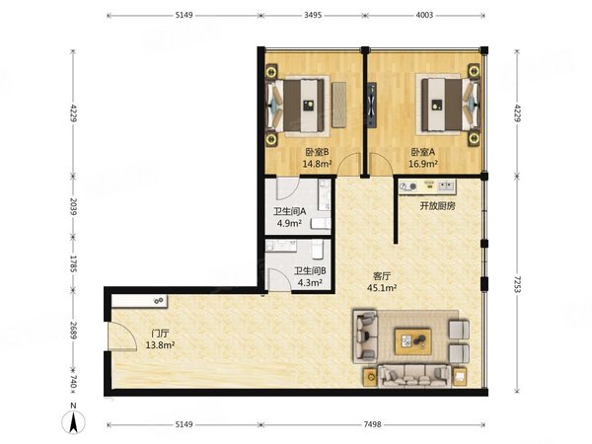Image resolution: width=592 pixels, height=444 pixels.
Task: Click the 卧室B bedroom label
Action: pos(317,152)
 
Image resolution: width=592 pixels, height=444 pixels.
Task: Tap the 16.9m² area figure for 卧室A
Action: pos(423,164)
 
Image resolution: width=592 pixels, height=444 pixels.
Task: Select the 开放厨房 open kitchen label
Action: pos(437,206)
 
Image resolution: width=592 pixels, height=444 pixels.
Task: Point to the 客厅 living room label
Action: pos(381,276)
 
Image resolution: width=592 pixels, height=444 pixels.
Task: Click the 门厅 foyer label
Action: pos(160,333)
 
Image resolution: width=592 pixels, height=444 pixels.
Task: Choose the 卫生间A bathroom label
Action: pos(289,211)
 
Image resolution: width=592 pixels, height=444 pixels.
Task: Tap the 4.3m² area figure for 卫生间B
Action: pos(310,282)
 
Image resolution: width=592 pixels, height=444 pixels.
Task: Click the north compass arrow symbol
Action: pos(73,421)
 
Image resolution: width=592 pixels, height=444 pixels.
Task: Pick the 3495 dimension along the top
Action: pos(313,15)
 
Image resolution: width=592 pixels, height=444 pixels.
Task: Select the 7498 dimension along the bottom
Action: pos(372,424)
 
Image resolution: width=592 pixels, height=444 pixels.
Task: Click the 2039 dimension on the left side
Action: pos(73,206)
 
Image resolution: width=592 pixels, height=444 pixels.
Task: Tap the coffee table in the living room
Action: pos(413,341)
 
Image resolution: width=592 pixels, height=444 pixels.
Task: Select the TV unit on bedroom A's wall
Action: pos(372,105)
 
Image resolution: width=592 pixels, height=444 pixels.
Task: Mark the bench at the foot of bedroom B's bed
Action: pos(339,105)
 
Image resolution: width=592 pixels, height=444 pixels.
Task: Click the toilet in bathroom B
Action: pos(318,250)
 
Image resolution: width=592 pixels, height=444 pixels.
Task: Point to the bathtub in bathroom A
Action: pos(325,194)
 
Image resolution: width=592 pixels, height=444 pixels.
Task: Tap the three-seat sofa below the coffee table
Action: pos(414,376)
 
